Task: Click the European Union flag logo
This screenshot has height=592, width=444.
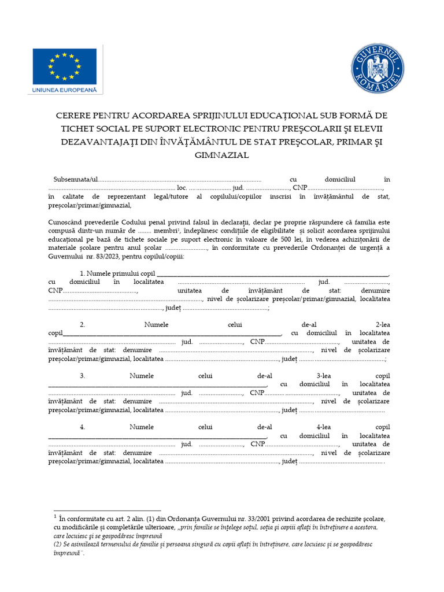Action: coord(65,65)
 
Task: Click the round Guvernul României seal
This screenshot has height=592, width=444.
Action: coord(378,69)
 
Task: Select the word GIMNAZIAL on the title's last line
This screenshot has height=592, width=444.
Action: coord(222,155)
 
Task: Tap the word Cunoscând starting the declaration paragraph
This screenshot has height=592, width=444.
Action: coord(66,221)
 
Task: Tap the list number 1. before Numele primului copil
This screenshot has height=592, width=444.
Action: coord(83,273)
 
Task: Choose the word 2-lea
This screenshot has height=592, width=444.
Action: coord(379,324)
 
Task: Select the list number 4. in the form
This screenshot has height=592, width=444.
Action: coord(83,427)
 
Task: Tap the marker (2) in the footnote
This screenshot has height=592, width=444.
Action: coord(57,544)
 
